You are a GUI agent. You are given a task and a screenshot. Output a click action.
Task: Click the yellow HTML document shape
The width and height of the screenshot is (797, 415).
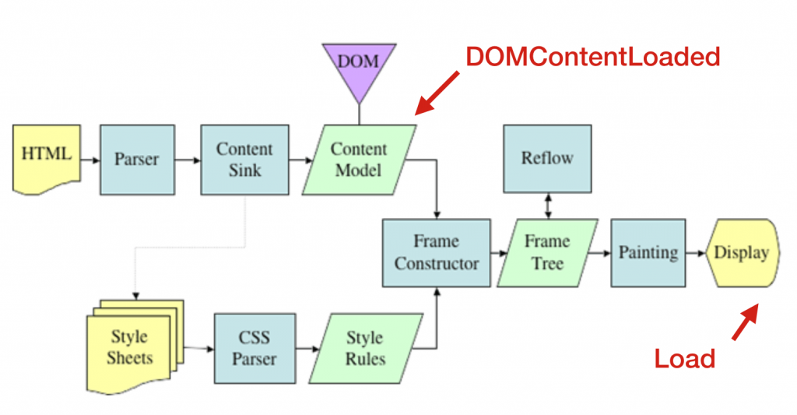[x=46, y=158]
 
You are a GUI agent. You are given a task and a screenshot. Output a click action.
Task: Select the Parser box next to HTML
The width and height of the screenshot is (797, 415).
[x=136, y=160]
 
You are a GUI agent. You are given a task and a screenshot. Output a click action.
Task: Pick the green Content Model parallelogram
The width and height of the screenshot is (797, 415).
[x=359, y=159]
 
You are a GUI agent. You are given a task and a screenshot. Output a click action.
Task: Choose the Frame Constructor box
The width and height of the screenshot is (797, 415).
[x=436, y=251]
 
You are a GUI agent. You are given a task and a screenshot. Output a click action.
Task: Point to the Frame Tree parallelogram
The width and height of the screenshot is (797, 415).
[x=546, y=251]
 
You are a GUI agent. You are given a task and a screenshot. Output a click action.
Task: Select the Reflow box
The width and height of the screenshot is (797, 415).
[x=546, y=158]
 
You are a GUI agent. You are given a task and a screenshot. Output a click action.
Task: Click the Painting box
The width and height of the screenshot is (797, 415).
[x=648, y=251]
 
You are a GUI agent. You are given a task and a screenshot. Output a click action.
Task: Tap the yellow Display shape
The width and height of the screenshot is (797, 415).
[x=741, y=252]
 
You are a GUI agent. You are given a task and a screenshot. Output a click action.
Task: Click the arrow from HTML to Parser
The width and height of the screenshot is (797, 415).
[x=90, y=160]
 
